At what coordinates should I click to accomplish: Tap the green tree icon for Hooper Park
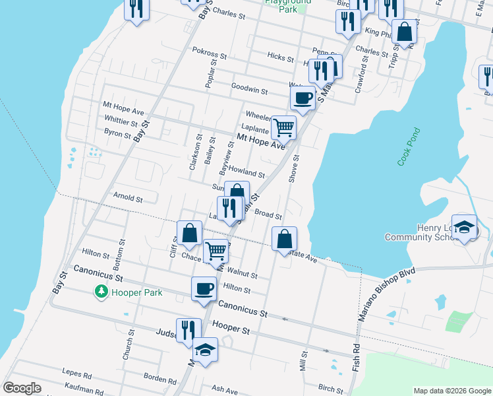[101, 291]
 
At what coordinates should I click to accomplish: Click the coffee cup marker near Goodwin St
[303, 98]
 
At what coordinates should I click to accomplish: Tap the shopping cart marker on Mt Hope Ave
[283, 127]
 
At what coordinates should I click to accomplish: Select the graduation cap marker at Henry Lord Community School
[464, 226]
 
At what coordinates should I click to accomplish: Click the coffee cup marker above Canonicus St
[204, 288]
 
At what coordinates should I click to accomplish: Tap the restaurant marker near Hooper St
[188, 330]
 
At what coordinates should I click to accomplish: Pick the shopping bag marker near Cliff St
[189, 233]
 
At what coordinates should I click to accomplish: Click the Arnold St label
[128, 197]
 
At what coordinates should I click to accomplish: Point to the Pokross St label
[210, 50]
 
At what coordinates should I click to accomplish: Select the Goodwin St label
[249, 89]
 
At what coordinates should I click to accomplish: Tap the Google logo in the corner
[22, 388]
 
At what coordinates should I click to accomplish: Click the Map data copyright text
[451, 391]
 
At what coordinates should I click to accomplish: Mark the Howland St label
[246, 174]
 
